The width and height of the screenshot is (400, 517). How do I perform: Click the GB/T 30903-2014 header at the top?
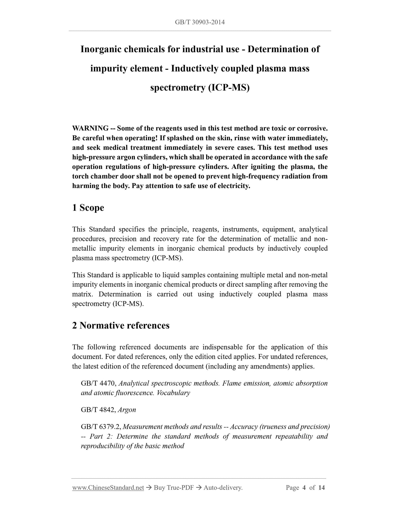(200, 22)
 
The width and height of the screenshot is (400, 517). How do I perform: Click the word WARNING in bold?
(90, 128)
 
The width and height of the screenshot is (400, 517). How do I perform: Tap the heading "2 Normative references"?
(121, 325)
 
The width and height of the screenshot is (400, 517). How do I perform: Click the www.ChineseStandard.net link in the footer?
(108, 488)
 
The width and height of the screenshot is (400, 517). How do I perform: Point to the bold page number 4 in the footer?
(304, 488)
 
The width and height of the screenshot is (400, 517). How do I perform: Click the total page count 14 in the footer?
(321, 488)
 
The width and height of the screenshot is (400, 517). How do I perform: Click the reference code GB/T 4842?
(98, 410)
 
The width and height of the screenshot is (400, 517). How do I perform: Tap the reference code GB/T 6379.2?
(100, 427)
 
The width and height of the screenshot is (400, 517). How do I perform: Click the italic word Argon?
(127, 410)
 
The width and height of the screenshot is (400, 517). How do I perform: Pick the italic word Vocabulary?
(173, 393)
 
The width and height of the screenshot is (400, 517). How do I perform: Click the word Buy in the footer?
(159, 488)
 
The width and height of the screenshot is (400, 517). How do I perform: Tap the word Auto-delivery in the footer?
(223, 488)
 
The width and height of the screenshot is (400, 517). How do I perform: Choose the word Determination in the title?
(280, 49)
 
